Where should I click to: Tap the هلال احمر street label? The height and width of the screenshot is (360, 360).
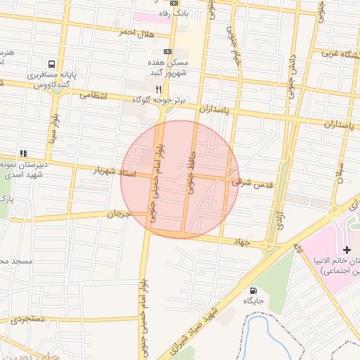click(x=136, y=33)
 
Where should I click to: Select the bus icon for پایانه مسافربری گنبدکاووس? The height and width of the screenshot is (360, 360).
click(x=52, y=64)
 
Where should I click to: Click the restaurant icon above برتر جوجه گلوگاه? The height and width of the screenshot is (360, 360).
click(x=159, y=89)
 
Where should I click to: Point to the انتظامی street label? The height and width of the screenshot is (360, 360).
click(x=94, y=95)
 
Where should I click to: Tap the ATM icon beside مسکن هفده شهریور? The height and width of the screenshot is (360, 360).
click(x=167, y=51)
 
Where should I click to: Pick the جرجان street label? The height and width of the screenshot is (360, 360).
click(x=120, y=212)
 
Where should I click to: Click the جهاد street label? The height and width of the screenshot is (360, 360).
click(x=242, y=242)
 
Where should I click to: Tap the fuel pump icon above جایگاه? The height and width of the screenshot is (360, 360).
click(x=252, y=290)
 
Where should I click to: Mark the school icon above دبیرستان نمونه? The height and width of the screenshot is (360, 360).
click(x=23, y=153)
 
